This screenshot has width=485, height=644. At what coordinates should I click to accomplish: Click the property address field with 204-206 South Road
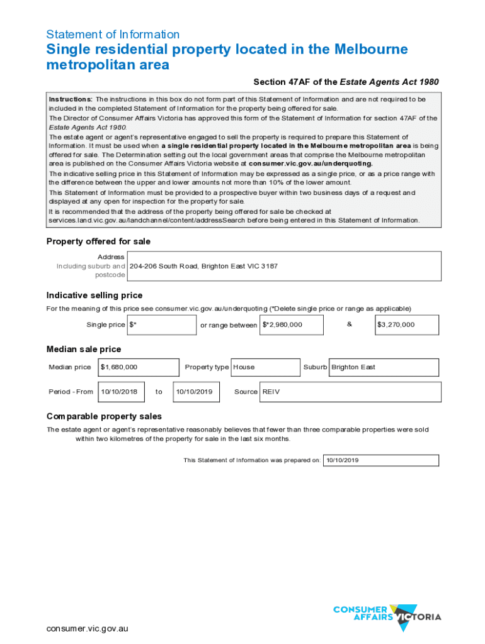click(x=283, y=266)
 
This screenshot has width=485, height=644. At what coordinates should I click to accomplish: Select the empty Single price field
click(x=162, y=325)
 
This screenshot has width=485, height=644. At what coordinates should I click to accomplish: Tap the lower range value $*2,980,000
click(x=291, y=325)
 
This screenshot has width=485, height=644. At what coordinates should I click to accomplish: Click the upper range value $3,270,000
click(x=407, y=325)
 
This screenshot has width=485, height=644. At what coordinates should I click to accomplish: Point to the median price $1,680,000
click(x=138, y=367)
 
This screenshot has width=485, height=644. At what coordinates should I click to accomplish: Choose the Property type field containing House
click(x=265, y=367)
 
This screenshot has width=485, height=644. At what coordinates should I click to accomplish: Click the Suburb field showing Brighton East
click(x=384, y=367)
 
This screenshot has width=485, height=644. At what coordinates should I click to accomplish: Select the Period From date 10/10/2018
click(x=121, y=392)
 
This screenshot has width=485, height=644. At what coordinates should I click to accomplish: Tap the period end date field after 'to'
click(x=197, y=392)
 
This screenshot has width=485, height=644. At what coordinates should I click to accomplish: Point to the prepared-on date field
click(x=380, y=460)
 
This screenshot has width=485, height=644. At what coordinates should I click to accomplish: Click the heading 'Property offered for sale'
click(x=98, y=241)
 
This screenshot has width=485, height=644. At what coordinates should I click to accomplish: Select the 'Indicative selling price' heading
click(x=94, y=296)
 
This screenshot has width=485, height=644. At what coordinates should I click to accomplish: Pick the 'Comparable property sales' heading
click(x=104, y=416)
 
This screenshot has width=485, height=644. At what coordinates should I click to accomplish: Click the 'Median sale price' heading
click(x=84, y=349)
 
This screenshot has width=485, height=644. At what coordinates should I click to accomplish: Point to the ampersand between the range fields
click(x=350, y=324)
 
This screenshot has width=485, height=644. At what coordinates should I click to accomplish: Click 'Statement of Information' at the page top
click(x=113, y=35)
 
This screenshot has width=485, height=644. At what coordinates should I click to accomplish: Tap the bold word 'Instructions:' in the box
click(x=71, y=99)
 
